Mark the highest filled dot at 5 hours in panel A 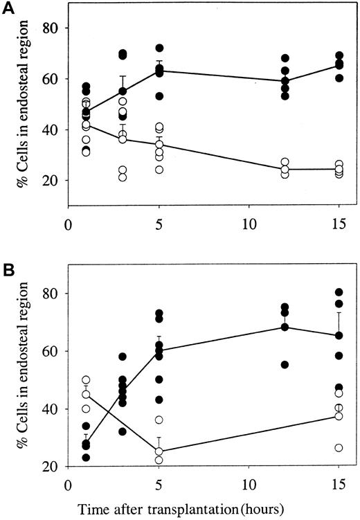coord(159,48)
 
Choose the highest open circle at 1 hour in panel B coord(86,380)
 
